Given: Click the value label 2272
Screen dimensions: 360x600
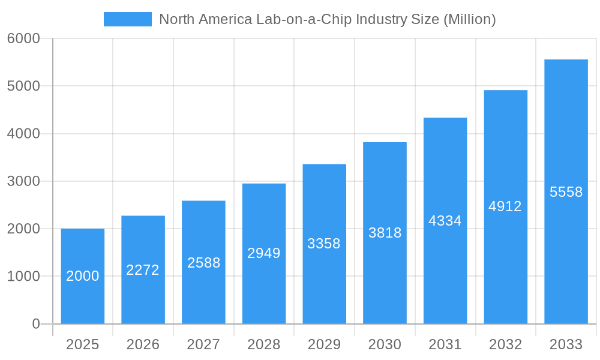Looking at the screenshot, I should [x=143, y=270].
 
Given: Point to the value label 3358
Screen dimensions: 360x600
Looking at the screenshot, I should [x=324, y=244].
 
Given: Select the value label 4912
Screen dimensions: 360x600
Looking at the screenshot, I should [x=505, y=206].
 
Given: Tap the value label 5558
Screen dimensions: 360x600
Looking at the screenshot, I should [x=566, y=192].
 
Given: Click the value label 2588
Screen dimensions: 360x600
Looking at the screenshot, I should [x=203, y=263].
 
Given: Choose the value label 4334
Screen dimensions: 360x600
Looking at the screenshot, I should [x=445, y=221].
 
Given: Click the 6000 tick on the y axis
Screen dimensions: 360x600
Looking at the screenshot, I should [x=23, y=38].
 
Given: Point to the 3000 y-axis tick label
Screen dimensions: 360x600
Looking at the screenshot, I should [x=23, y=181].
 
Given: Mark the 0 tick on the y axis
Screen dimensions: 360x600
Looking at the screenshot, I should [x=35, y=324].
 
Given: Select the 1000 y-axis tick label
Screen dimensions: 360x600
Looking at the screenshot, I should [x=23, y=277].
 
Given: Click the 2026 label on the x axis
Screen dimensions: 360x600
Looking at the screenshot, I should [x=143, y=344].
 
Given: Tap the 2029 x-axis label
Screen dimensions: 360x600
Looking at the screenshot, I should [x=324, y=344].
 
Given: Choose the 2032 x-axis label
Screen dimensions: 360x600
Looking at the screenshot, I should [x=505, y=344].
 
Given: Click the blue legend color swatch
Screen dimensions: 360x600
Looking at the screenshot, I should [x=128, y=19].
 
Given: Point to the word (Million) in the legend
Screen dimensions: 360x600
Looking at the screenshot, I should [x=469, y=19].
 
